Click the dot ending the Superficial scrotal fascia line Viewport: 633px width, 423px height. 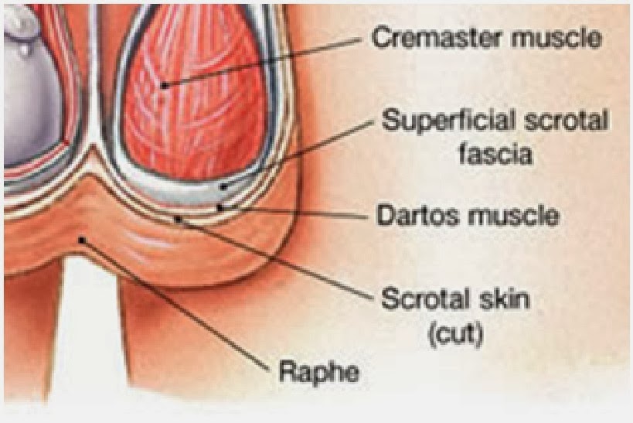tap(222, 186)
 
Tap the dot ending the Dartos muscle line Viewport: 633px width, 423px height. tap(220, 207)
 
